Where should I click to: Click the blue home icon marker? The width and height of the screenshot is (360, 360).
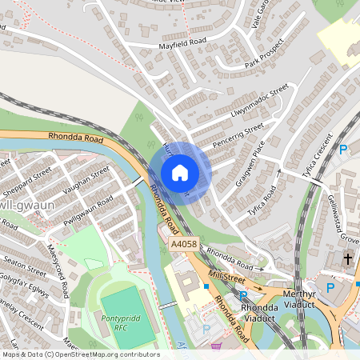[x=180, y=173]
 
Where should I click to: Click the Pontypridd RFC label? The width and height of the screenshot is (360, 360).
[x=121, y=322]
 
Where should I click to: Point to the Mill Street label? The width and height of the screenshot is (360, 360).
[x=226, y=277]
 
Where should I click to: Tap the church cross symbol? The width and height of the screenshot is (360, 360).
[x=347, y=258]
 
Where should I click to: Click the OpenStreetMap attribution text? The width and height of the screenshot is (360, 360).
[x=81, y=354]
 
